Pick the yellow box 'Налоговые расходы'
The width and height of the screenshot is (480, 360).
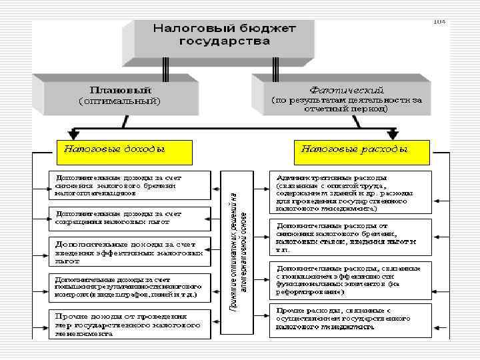(x=361, y=151)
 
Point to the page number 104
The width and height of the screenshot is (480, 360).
(x=439, y=22)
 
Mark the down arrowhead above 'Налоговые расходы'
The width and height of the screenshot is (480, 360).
(x=393, y=134)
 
